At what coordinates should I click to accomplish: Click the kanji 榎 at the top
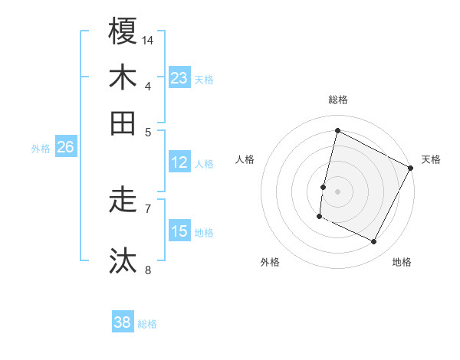(123, 31)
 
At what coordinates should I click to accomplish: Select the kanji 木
(123, 77)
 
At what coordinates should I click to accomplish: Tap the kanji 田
(123, 123)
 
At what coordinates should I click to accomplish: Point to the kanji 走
(123, 200)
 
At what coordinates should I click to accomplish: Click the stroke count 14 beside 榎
(148, 40)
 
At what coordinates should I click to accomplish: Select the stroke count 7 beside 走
(147, 208)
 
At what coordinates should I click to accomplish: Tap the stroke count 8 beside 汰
(147, 269)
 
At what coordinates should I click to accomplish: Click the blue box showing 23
(179, 77)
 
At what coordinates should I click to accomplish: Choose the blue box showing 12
(179, 162)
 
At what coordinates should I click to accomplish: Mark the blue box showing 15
(179, 231)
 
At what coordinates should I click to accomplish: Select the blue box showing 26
(65, 147)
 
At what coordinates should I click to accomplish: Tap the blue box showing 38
(123, 322)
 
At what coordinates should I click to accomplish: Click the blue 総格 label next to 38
(147, 324)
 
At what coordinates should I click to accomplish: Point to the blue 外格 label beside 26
(41, 149)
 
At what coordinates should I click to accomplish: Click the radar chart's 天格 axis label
(431, 160)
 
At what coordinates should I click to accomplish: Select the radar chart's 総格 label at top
(337, 100)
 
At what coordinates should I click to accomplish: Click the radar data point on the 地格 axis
(374, 242)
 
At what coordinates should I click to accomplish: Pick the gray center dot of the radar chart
(337, 190)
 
